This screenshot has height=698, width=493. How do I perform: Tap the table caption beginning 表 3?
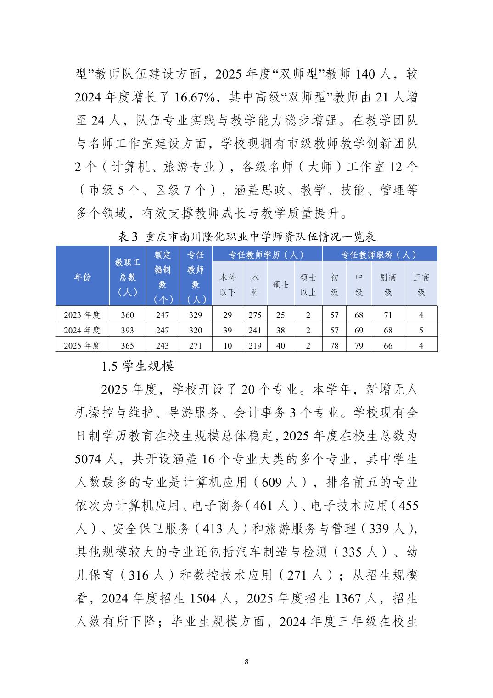coord(246,236)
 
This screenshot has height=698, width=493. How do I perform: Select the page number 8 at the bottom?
coord(246,662)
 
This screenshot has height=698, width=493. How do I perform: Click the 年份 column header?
coord(83,277)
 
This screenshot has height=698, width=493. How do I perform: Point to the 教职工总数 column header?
coord(128,277)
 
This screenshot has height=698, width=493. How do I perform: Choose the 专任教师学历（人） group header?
coord(267,254)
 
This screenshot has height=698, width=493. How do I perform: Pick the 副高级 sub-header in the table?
coord(388,284)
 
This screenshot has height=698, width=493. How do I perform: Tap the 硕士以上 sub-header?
coord(308,284)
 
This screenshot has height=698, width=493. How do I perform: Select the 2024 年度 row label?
coord(82,330)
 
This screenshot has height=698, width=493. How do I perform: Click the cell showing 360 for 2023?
coord(128,315)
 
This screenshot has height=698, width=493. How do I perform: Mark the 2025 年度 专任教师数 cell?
coord(196,345)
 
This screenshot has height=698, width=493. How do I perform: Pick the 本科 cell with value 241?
coord(255,330)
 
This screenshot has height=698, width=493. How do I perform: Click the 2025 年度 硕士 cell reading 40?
coord(280,345)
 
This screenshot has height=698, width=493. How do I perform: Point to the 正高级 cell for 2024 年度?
coord(421,330)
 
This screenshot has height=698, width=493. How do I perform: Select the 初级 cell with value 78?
coord(334,345)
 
